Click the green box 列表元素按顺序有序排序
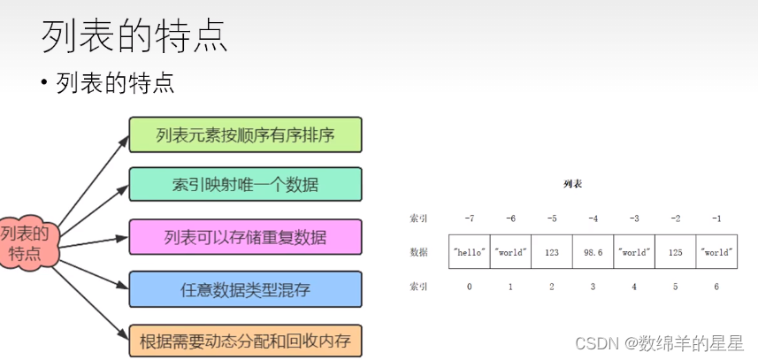tap(245, 134)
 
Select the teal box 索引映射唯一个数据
tap(245, 185)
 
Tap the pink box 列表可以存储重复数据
tap(245, 236)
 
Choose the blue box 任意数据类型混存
tap(245, 288)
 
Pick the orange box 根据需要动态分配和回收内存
tap(245, 341)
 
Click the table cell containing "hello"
tap(470, 252)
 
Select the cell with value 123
tap(552, 252)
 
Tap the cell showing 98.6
tap(593, 252)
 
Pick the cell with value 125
tap(675, 252)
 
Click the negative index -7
tap(470, 218)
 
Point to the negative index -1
tap(716, 218)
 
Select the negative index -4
tap(593, 218)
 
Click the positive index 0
tap(470, 287)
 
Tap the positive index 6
tap(716, 287)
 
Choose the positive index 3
tap(593, 287)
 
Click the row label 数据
tap(418, 252)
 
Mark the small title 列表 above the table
tap(572, 185)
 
